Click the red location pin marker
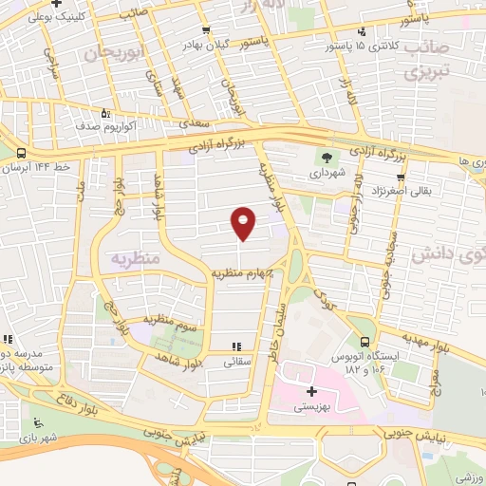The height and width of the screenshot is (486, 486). [x=244, y=223]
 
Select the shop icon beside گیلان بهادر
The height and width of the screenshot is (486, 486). [x=206, y=29]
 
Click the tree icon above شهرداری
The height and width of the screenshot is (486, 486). [x=327, y=158]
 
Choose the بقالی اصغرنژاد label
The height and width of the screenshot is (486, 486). [x=439, y=191]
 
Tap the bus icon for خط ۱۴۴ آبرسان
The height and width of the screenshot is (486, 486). [x=21, y=152]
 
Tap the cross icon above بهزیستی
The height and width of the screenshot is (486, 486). [x=311, y=391]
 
